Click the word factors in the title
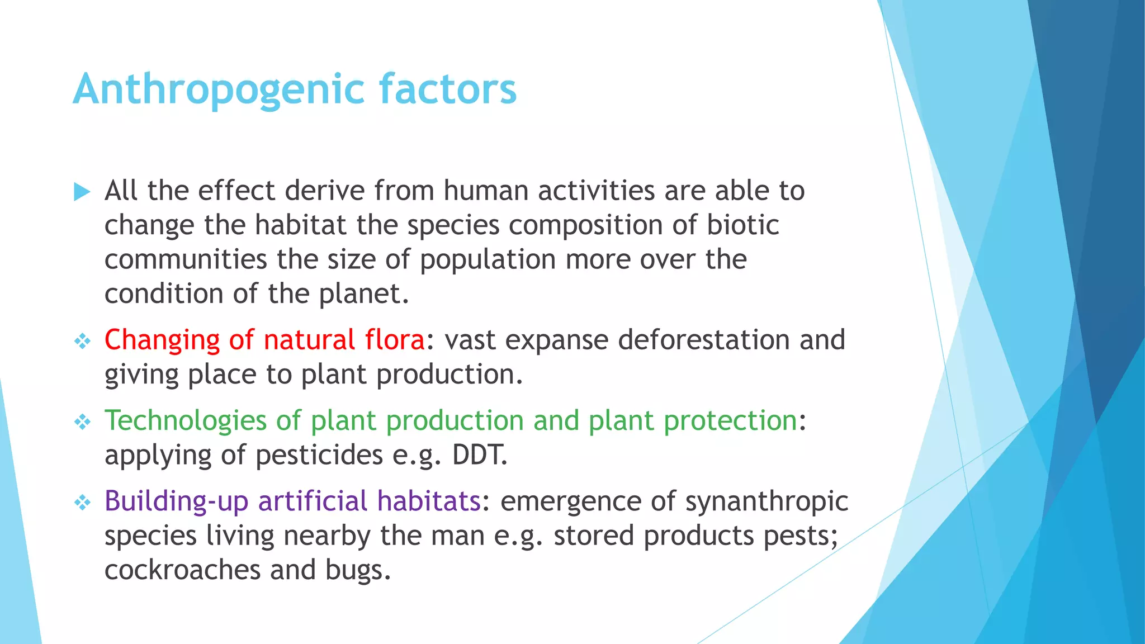coord(448,88)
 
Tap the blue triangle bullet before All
coord(82,192)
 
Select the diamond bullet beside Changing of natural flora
coord(82,341)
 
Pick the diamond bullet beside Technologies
coord(82,422)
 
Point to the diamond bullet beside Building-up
coord(82,502)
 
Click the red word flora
coord(394,340)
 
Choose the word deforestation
coord(704,340)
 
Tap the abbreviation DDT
coord(479,455)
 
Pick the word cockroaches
coord(182,570)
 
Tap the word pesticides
coord(319,455)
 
